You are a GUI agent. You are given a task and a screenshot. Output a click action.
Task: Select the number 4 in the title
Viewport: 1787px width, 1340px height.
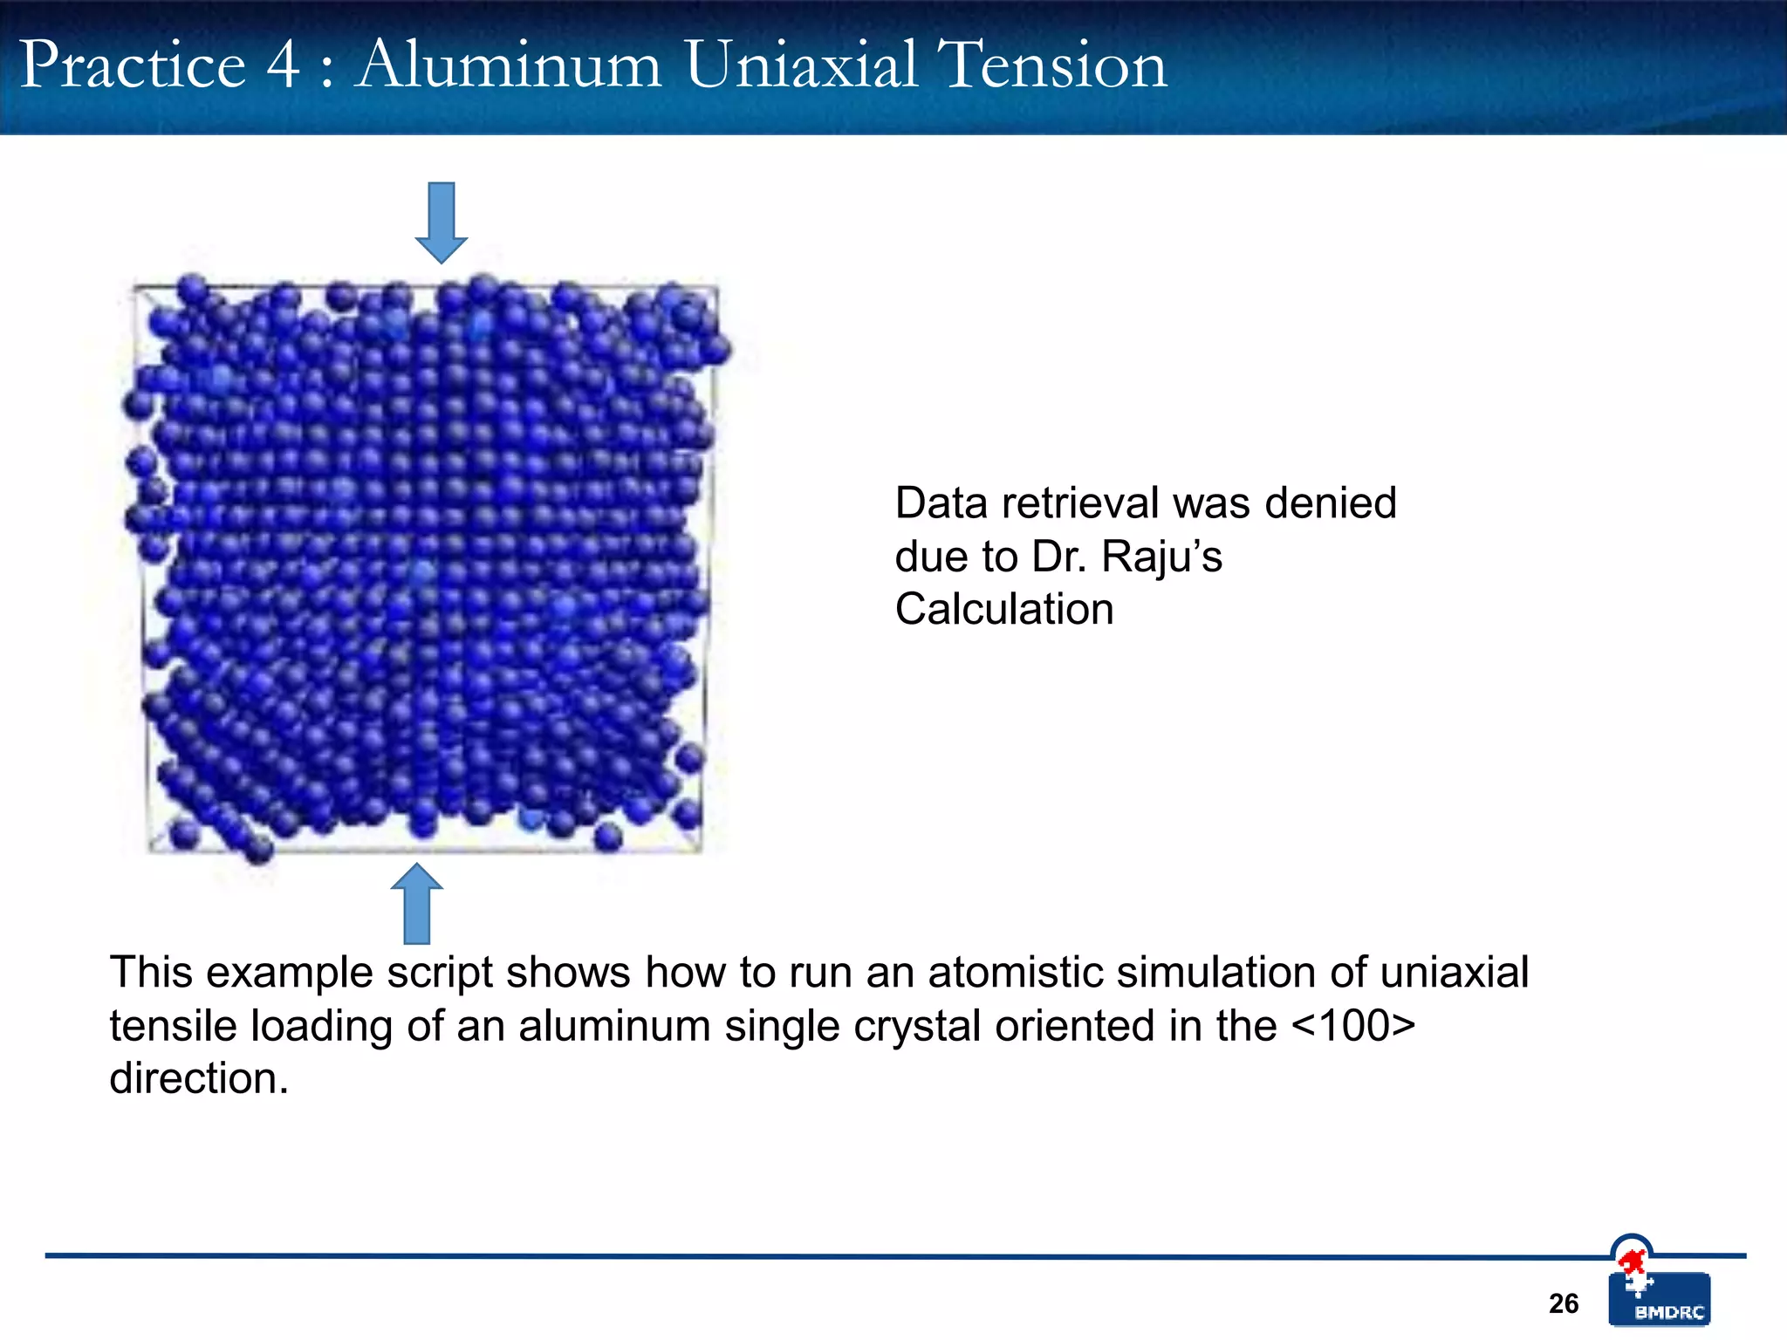pos(283,65)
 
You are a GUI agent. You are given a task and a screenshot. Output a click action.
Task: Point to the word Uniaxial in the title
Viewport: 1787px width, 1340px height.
pos(801,65)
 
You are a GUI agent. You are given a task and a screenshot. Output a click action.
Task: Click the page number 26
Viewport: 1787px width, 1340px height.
pos(1564,1303)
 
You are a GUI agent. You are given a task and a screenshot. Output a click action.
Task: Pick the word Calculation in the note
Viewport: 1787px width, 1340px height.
pos(1004,609)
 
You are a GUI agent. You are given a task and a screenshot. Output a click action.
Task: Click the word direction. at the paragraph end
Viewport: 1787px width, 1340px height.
pos(199,1079)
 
